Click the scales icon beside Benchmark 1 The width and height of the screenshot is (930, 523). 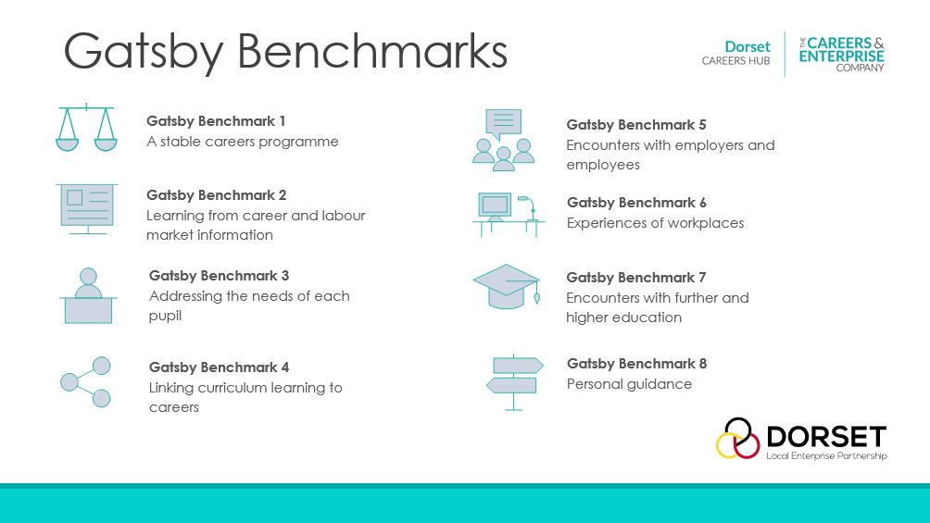pyautogui.click(x=86, y=128)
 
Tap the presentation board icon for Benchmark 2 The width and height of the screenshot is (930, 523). pyautogui.click(x=86, y=208)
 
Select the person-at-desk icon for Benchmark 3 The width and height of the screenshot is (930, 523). pyautogui.click(x=88, y=296)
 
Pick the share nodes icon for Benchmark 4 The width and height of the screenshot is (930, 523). pyautogui.click(x=86, y=381)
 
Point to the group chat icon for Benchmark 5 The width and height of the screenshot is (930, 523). pyautogui.click(x=503, y=140)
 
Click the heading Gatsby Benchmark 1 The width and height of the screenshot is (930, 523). pyautogui.click(x=216, y=121)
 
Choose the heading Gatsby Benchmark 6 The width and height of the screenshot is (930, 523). pyautogui.click(x=636, y=203)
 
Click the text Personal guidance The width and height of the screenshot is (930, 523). pyautogui.click(x=629, y=384)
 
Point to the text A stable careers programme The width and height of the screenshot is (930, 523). pyautogui.click(x=243, y=143)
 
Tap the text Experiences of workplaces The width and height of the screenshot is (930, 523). pyautogui.click(x=655, y=223)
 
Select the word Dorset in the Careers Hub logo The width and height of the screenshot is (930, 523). pyautogui.click(x=747, y=47)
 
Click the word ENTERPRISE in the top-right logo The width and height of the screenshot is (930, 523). pyautogui.click(x=842, y=56)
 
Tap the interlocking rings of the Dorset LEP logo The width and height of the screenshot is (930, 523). pyautogui.click(x=738, y=438)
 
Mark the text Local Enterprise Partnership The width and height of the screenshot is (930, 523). pyautogui.click(x=826, y=456)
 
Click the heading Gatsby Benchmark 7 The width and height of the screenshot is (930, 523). pyautogui.click(x=636, y=278)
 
